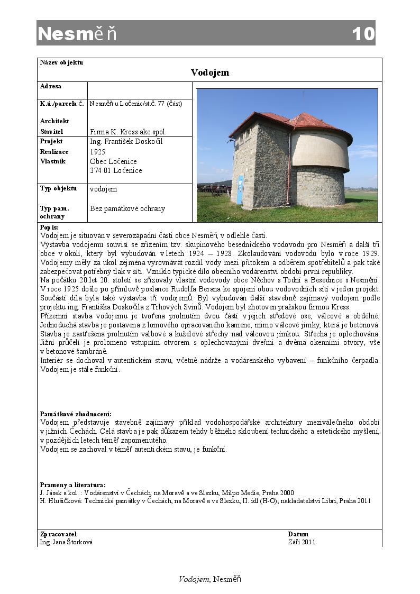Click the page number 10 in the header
363,34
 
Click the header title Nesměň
77,34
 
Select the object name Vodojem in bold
210,72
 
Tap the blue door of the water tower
241,190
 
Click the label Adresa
51,86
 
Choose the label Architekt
54,121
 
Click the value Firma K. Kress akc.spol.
128,132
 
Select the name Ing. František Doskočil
126,142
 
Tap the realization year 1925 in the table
98,152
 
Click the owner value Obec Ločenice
113,161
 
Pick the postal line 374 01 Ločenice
116,171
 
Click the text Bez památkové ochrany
127,208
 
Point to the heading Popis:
49,227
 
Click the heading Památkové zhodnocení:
76,414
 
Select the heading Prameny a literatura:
72,485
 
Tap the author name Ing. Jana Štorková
66,542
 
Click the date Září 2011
302,542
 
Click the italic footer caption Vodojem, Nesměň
210,579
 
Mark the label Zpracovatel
58,534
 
